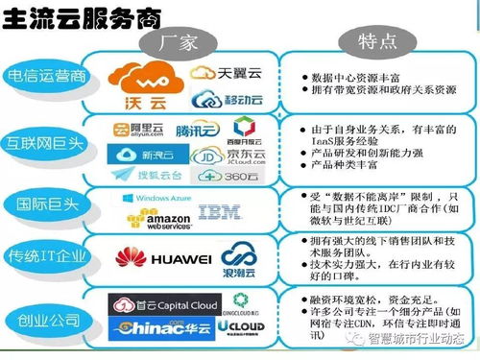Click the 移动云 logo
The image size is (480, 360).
pyautogui.click(x=228, y=100)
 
